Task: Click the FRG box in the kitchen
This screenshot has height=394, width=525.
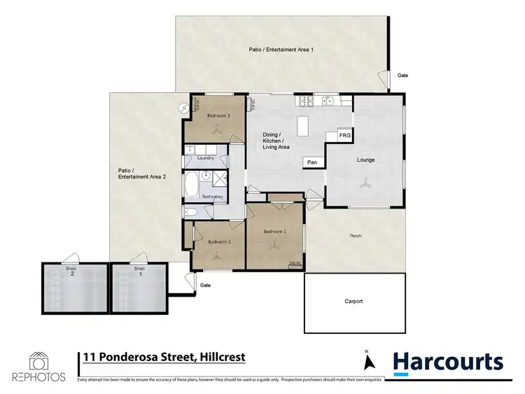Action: tap(344, 135)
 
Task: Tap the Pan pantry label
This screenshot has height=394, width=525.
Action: tap(312, 162)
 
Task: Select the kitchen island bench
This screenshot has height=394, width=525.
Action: tap(303, 126)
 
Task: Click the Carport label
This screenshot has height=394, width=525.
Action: tap(354, 302)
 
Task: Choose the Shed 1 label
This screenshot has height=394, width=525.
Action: tap(139, 272)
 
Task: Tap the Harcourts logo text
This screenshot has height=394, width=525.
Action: tap(447, 361)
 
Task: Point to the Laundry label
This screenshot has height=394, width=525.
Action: tap(206, 158)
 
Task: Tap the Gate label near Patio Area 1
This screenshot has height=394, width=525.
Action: tap(402, 75)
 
